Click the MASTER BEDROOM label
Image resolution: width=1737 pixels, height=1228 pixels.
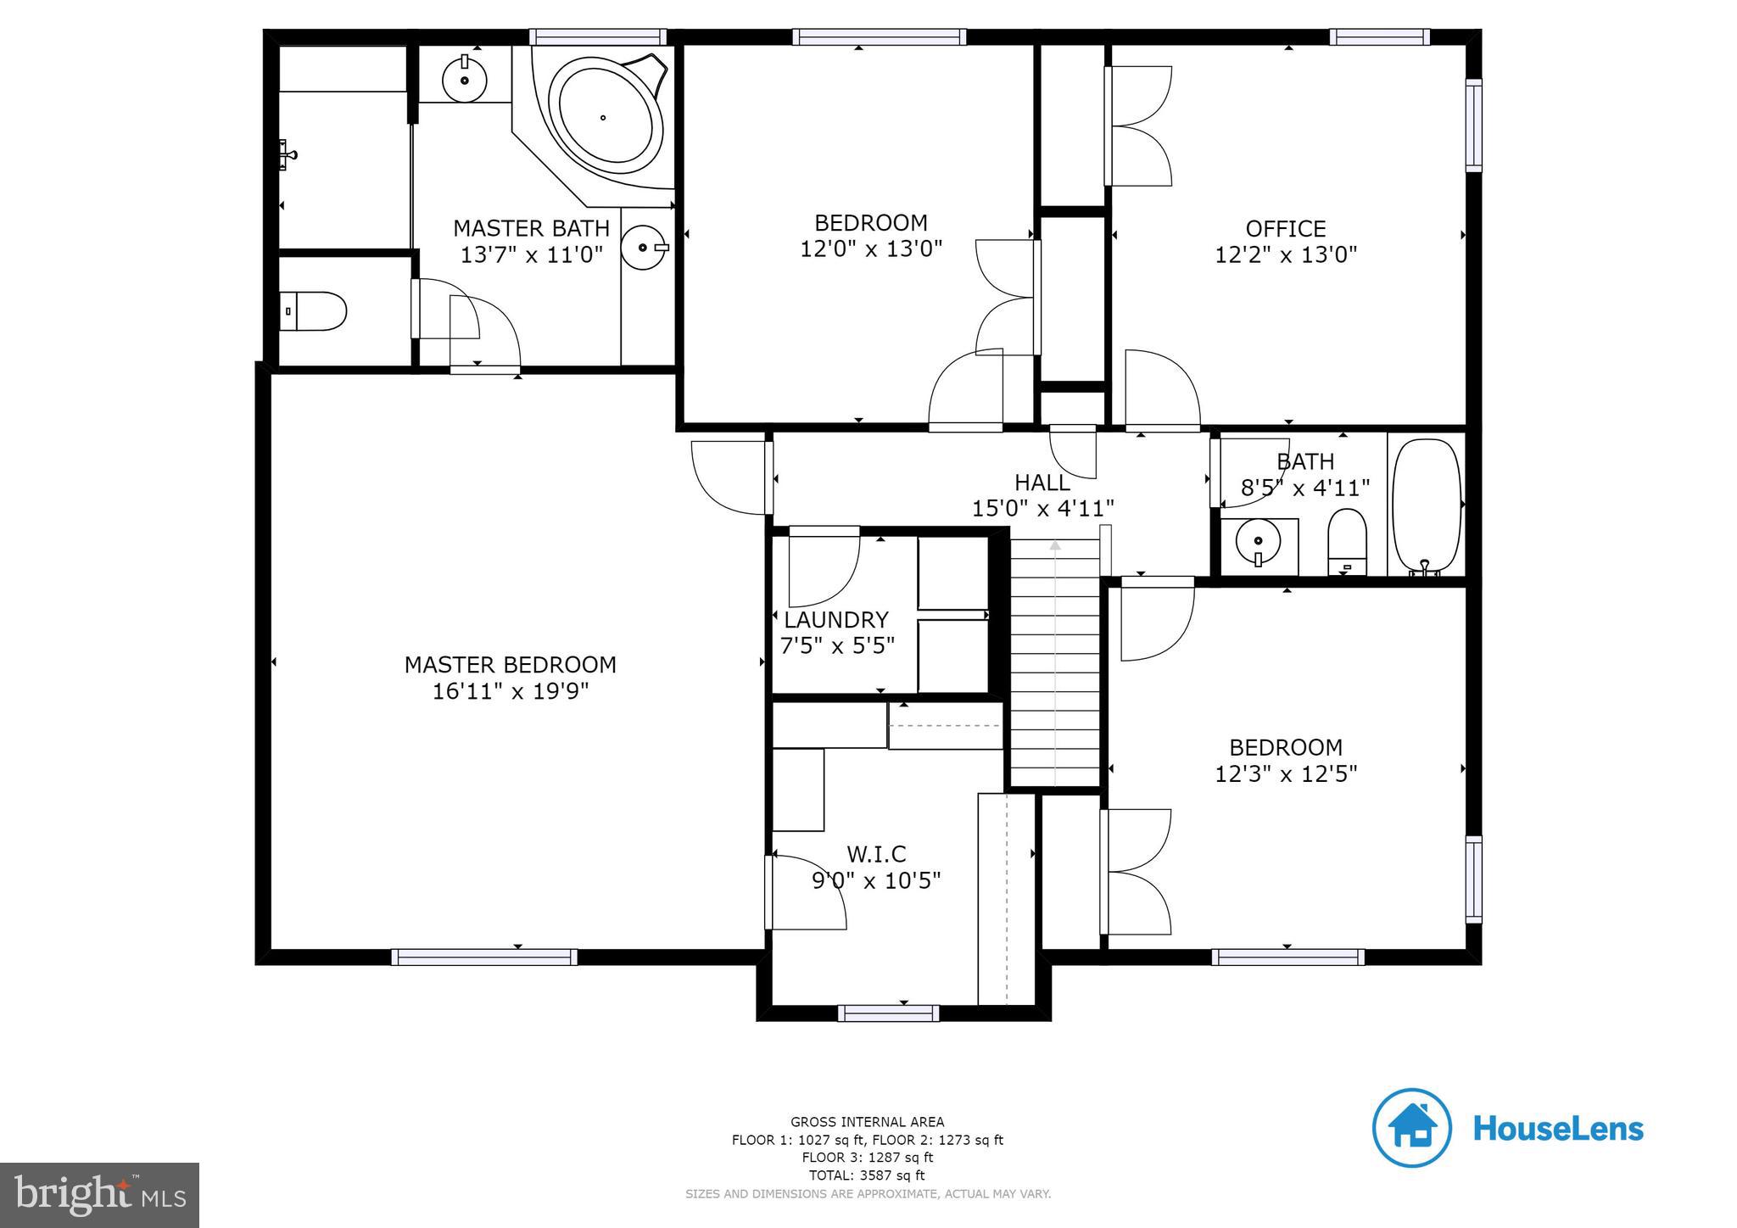pyautogui.click(x=510, y=665)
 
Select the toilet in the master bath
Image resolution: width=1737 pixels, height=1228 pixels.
pyautogui.click(x=315, y=311)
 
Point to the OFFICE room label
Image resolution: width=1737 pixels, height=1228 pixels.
pyautogui.click(x=1285, y=229)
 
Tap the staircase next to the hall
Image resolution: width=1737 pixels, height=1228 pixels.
pyautogui.click(x=1054, y=661)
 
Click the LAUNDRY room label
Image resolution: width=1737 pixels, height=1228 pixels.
pyautogui.click(x=835, y=620)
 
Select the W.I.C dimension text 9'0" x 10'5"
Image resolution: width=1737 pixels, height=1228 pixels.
pyautogui.click(x=876, y=881)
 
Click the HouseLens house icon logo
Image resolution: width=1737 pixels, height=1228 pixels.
pyautogui.click(x=1411, y=1128)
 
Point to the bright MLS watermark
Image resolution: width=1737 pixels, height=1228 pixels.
pyautogui.click(x=99, y=1196)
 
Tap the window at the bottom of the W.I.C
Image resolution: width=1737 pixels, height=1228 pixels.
pyautogui.click(x=888, y=1013)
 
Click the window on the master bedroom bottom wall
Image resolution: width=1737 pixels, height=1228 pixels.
pyautogui.click(x=484, y=957)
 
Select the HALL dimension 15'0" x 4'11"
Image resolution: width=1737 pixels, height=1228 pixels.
pyautogui.click(x=1042, y=509)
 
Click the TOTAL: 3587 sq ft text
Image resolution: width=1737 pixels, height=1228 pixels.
pyautogui.click(x=867, y=1175)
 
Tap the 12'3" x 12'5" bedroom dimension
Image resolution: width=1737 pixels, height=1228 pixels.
pyautogui.click(x=1286, y=774)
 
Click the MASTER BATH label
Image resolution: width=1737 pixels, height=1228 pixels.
pyautogui.click(x=531, y=228)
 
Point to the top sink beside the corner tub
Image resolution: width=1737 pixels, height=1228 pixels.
pyautogui.click(x=465, y=80)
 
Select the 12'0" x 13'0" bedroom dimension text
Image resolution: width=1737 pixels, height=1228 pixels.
pyautogui.click(x=871, y=249)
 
